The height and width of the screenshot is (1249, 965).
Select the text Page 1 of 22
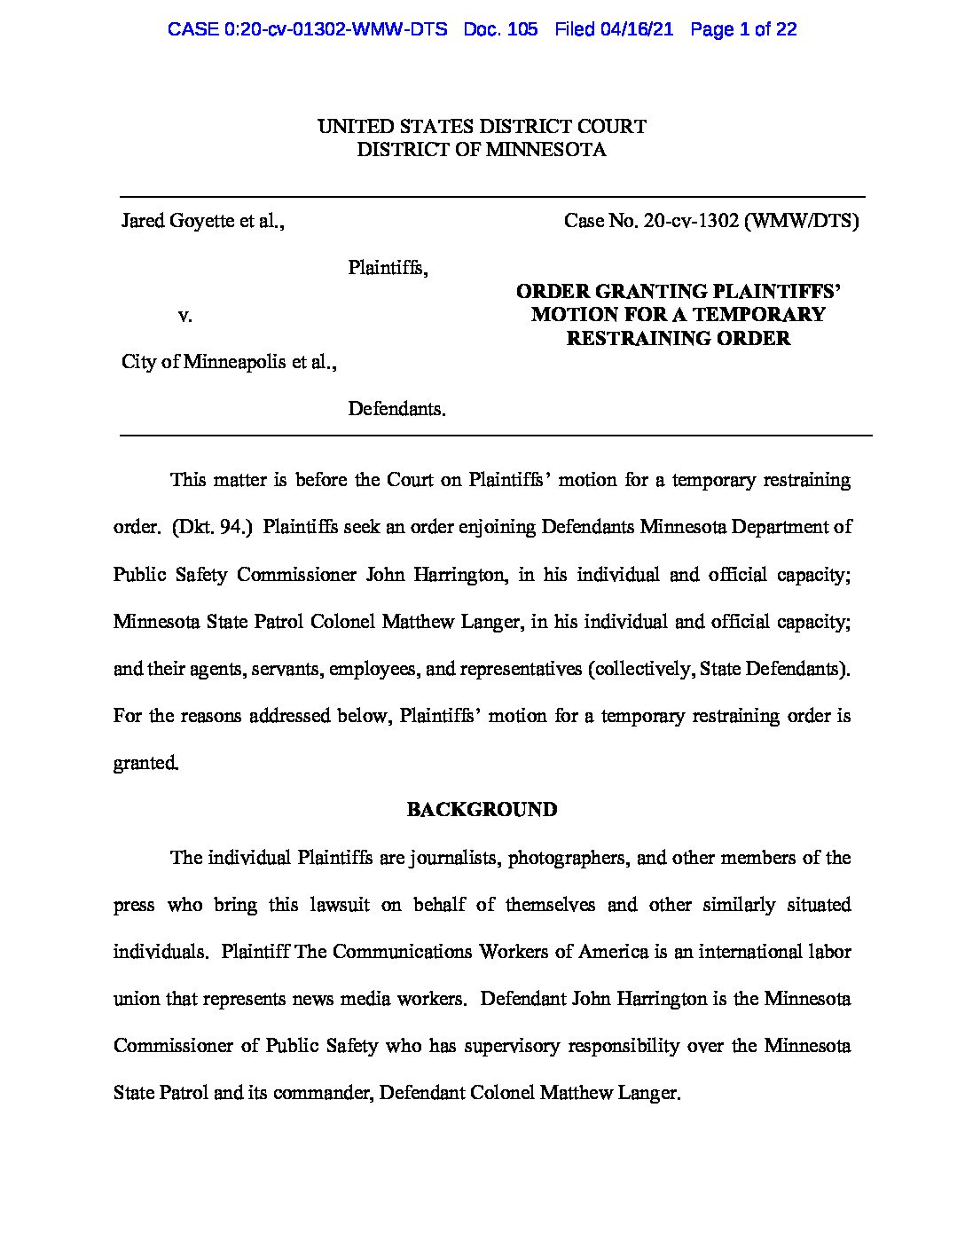click(x=743, y=29)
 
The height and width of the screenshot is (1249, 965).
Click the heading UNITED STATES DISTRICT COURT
click(x=482, y=127)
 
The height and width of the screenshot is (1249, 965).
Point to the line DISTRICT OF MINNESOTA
click(x=482, y=150)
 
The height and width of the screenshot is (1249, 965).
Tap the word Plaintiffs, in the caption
click(x=388, y=268)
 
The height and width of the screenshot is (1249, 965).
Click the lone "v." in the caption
click(x=185, y=315)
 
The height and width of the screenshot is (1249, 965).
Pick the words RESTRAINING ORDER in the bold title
click(x=679, y=338)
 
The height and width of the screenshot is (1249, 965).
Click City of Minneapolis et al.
click(x=229, y=362)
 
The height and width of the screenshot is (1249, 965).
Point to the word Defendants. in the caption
click(x=396, y=409)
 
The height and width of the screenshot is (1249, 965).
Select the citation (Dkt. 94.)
click(x=213, y=527)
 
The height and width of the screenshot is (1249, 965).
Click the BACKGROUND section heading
click(x=482, y=810)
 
